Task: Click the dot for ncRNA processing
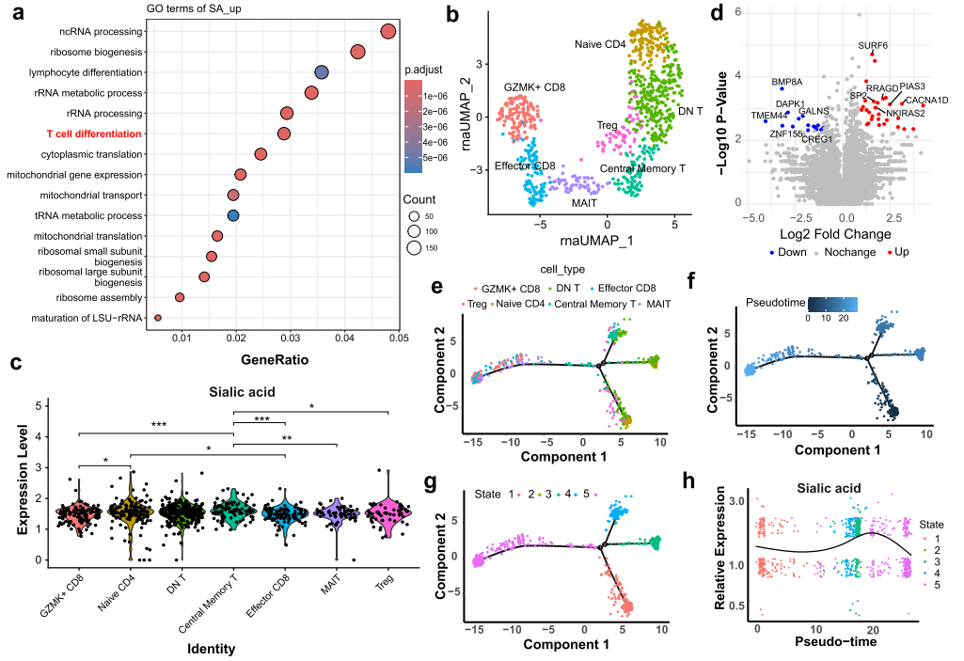click(x=387, y=32)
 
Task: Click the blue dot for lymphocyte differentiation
click(x=321, y=72)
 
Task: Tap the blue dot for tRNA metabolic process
click(x=233, y=216)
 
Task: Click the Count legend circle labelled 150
click(x=416, y=248)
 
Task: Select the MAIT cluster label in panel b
click(x=584, y=202)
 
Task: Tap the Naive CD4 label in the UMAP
click(x=600, y=44)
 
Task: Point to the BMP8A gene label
click(x=786, y=82)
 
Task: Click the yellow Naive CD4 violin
click(x=131, y=512)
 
